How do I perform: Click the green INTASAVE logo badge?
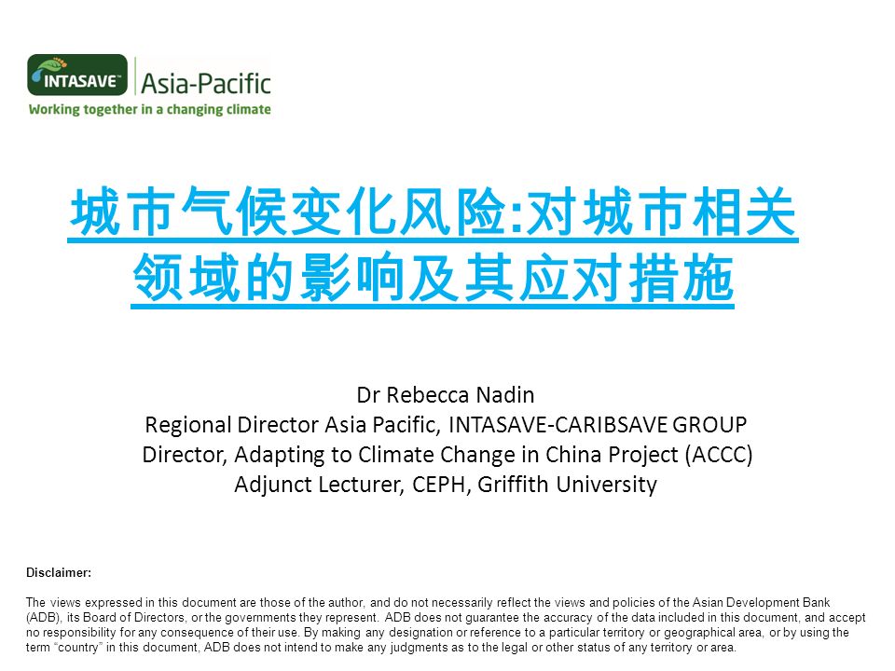click(x=77, y=75)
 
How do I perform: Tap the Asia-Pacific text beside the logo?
click(x=206, y=83)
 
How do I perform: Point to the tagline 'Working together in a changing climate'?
click(x=149, y=109)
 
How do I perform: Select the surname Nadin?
click(x=505, y=395)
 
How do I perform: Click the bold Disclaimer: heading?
click(x=59, y=573)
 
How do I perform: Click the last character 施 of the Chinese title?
click(x=709, y=278)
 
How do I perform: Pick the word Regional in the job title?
click(x=188, y=426)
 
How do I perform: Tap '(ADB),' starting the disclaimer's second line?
click(x=44, y=618)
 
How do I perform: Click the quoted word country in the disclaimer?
click(x=78, y=648)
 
